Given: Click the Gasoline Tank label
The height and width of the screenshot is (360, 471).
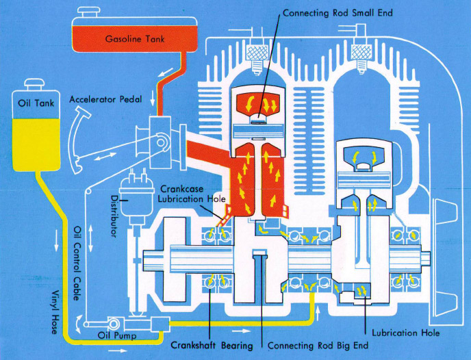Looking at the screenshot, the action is coord(135,39).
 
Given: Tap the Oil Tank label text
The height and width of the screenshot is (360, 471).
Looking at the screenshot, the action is coord(36,103).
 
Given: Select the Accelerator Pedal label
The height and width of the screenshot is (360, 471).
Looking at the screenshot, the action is coord(105,99).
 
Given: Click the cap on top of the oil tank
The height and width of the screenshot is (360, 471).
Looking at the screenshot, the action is coord(34,84).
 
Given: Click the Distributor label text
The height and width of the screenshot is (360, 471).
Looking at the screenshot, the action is coord(114,216).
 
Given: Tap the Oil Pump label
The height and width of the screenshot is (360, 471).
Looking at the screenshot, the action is coord(117,335).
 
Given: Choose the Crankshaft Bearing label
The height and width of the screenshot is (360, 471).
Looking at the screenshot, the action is coord(212,346).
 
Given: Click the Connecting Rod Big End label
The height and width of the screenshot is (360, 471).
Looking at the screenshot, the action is coord(318,346).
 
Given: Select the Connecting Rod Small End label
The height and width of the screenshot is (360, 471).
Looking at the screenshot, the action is coord(338,13).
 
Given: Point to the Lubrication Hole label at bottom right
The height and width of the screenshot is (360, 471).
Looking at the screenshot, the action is coord(405,333).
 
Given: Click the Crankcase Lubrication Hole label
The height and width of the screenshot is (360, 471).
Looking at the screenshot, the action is coord(192,194).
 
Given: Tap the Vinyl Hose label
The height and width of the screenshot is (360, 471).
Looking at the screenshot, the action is coord(54,312).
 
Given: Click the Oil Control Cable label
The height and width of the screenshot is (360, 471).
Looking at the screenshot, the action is coord(77,263).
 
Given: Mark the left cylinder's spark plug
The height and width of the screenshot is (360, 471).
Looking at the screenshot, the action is coord(257,59).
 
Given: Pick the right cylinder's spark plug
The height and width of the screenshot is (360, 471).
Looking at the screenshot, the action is coord(361,59).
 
